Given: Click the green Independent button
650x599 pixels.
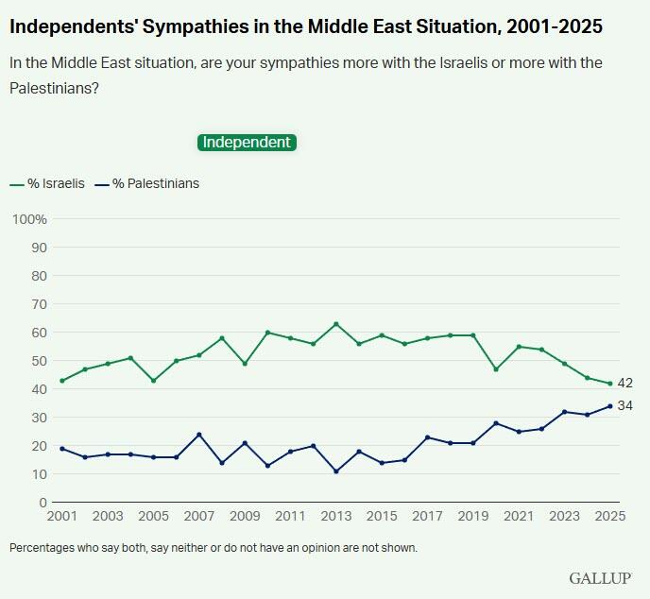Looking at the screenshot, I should click(247, 142).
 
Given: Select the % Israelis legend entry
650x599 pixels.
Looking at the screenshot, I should click(47, 183).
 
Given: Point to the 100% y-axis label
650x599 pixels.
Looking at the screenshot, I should click(29, 219).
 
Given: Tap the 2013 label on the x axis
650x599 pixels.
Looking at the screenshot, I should click(335, 518).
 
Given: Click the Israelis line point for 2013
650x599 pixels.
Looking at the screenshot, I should click(335, 324).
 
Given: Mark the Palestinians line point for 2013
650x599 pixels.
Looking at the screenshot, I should click(335, 471).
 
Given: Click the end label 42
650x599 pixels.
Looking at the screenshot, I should click(624, 384).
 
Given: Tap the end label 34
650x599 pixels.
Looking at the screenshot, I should click(624, 405).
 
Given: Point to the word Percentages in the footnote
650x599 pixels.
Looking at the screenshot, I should click(43, 547).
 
